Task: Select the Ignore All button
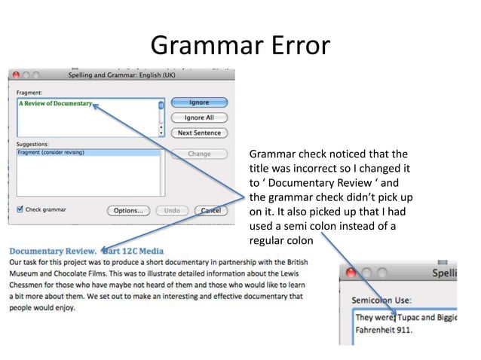[199, 117]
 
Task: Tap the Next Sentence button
[199, 133]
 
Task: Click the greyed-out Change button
[199, 154]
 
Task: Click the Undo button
[172, 210]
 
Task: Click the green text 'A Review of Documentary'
[55, 103]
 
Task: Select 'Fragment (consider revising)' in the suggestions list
[51, 153]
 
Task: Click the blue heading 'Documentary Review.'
[53, 250]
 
